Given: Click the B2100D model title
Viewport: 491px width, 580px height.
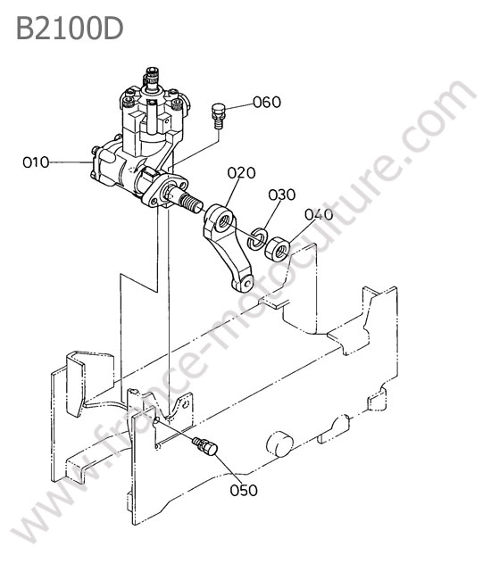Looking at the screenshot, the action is pos(70,29).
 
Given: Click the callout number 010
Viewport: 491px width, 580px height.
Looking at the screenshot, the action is pos(36,162).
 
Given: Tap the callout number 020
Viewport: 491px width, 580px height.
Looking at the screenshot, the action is pos(241,173).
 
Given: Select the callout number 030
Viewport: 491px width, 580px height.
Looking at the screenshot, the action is pos(282,195).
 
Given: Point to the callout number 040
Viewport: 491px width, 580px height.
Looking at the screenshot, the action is pos(319,214).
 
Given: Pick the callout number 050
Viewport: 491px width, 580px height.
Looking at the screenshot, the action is pos(244,491).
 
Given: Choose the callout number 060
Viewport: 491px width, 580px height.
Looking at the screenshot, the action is pos(267,102).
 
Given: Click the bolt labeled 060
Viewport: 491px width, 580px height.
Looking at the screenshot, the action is pos(218,116).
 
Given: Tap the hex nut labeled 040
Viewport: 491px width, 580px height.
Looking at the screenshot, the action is pos(277,249).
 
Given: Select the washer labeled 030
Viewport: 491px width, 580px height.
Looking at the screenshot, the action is pos(258,238).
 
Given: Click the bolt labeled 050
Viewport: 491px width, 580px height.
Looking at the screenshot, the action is pos(204,446).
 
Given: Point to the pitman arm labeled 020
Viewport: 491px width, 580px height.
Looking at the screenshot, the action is pos(227,246).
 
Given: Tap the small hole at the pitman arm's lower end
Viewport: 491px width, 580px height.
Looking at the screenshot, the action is pos(247,284).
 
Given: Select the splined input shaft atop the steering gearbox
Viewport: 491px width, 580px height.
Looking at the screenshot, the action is pos(152,80).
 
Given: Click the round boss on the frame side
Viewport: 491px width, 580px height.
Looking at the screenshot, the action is pos(279,443).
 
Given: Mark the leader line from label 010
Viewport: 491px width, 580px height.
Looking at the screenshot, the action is pos(71,162).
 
